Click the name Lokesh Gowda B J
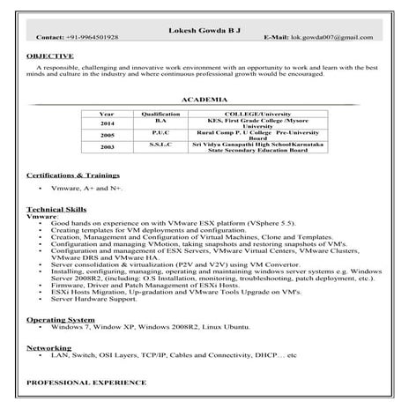[204, 30]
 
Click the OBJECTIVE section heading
[49, 55]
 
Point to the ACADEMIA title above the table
[204, 100]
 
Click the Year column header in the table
[107, 114]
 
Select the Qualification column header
[160, 114]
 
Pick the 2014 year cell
[107, 123]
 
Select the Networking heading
[48, 347]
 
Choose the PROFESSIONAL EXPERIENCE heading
[86, 383]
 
